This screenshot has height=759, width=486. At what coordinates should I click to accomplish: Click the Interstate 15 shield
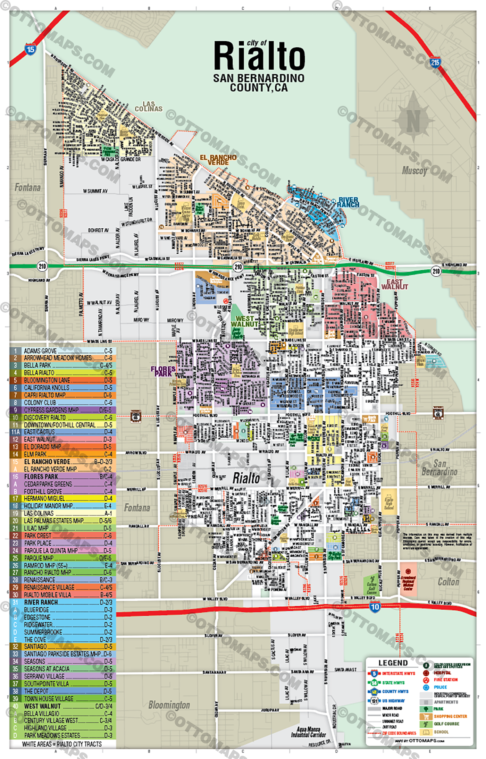31,49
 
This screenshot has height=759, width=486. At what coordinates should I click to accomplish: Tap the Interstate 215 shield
435,62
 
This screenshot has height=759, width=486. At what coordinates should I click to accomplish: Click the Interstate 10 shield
375,607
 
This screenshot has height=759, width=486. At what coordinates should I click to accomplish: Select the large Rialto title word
259,56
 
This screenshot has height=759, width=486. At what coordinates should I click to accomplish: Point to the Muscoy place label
414,170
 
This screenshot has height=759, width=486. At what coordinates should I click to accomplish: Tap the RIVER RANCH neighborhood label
348,202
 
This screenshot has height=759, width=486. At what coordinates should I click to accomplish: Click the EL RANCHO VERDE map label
218,160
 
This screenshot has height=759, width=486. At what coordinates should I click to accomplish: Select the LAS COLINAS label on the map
149,107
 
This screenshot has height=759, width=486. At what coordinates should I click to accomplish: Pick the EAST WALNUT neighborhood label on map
395,284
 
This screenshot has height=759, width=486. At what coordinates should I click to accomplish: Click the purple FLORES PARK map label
163,371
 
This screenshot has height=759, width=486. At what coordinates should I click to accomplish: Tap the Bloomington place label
169,705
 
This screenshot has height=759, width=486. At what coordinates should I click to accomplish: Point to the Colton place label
448,582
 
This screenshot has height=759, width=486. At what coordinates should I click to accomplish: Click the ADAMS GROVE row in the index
62,351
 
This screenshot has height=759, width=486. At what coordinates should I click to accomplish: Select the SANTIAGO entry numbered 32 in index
62,647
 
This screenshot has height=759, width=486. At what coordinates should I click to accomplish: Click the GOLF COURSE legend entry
446,724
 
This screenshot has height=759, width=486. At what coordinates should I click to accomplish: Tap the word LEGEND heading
393,663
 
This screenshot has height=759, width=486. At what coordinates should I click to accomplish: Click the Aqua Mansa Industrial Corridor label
308,732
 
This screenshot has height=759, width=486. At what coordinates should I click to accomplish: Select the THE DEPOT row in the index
62,691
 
